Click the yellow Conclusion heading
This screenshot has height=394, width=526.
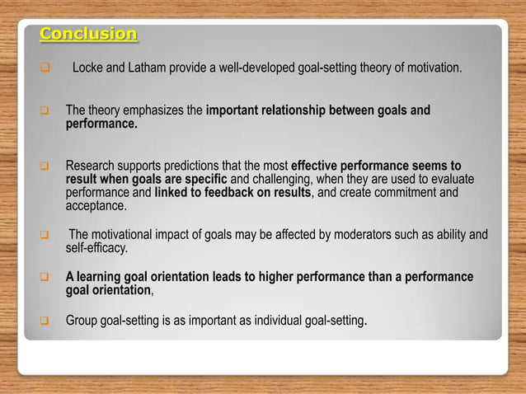(x=88, y=35)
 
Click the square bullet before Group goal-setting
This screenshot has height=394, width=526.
(x=45, y=320)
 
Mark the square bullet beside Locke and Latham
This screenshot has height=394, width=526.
(x=45, y=67)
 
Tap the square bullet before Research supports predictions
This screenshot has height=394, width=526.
(x=45, y=166)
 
